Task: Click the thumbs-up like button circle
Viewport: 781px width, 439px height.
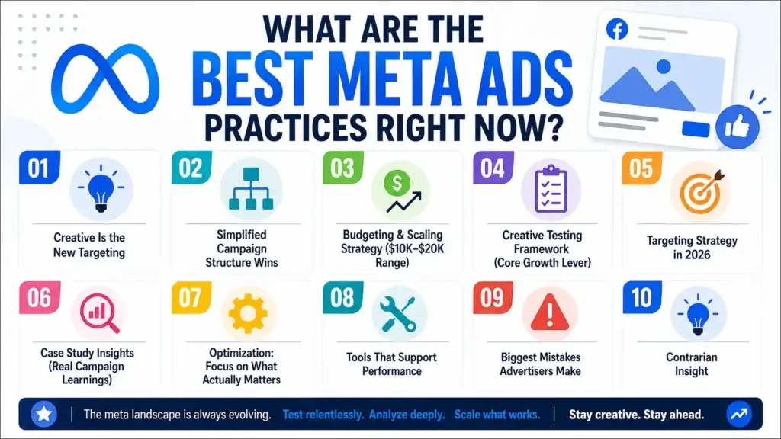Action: coord(737,125)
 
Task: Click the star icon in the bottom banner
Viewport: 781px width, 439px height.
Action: coord(44,415)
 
